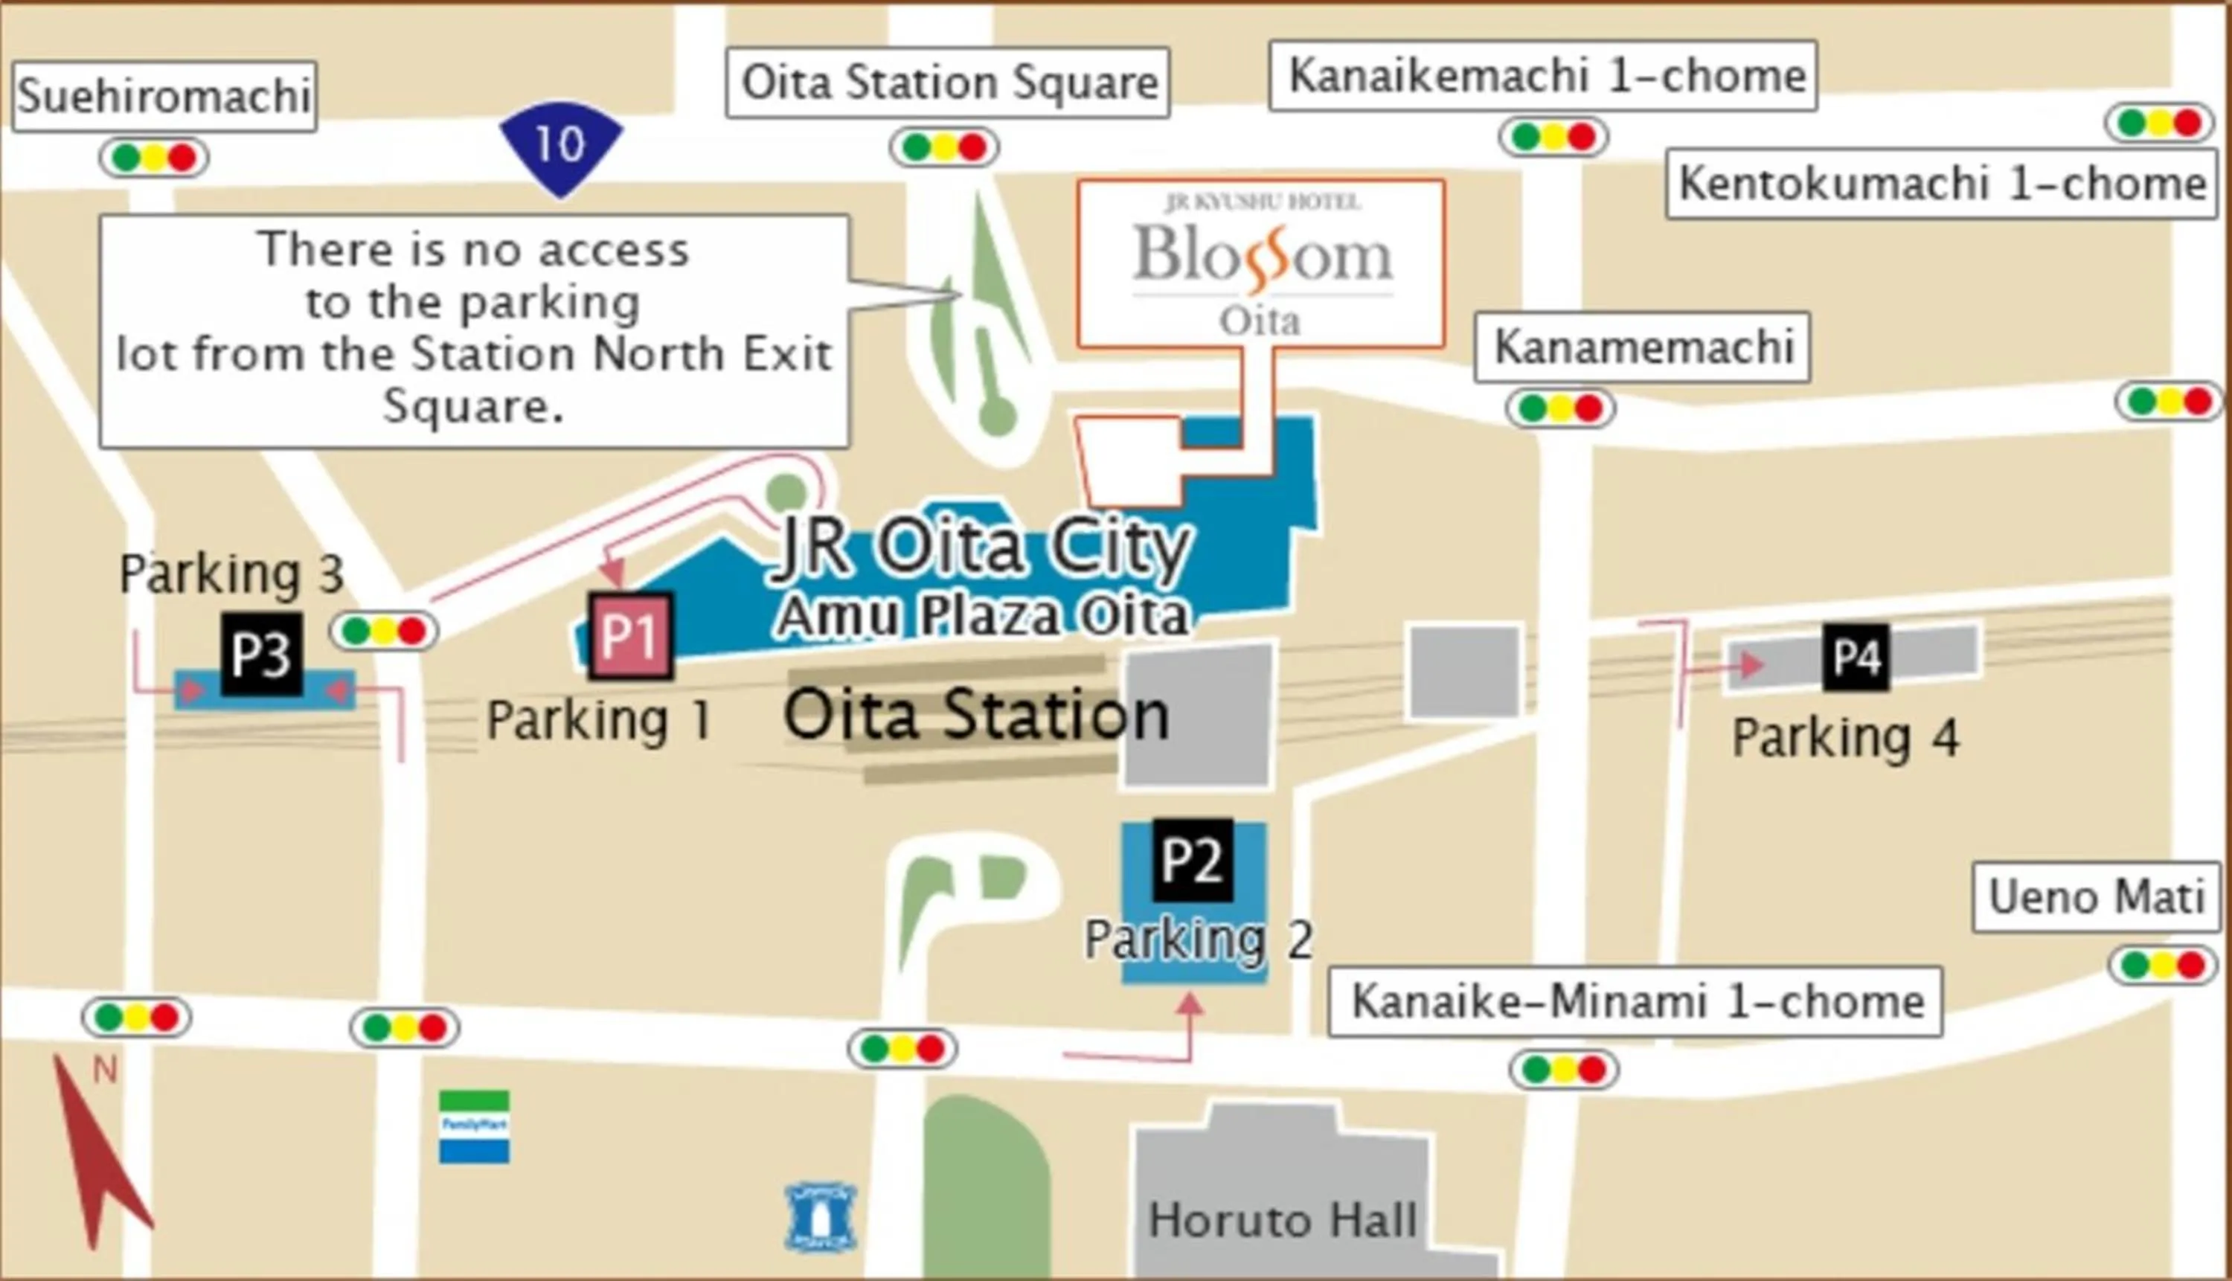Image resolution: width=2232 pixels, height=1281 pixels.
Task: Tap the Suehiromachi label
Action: [x=164, y=96]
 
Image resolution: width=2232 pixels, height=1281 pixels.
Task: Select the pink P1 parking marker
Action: [x=631, y=635]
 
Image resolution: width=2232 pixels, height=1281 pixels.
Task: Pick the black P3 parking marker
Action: [x=261, y=654]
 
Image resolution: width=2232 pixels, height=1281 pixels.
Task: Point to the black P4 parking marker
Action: [x=1856, y=656]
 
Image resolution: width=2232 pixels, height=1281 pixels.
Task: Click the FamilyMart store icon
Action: [x=474, y=1126]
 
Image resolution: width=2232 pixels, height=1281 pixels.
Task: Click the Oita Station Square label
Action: [x=948, y=83]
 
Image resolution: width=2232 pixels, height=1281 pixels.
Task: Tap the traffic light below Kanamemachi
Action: [x=1560, y=408]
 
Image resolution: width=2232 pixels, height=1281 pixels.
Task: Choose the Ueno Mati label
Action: [x=2097, y=897]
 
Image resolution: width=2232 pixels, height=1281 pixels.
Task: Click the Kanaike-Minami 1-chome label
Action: [x=1635, y=1001]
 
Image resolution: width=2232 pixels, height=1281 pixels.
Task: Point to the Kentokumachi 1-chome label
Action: [x=1942, y=184]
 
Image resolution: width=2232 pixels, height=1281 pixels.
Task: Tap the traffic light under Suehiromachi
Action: [x=154, y=158]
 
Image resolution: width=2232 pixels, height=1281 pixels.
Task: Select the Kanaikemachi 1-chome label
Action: [x=1544, y=76]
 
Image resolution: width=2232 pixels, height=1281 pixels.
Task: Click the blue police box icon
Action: [x=820, y=1217]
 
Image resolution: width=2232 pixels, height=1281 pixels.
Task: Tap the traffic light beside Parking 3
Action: [x=384, y=631]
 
